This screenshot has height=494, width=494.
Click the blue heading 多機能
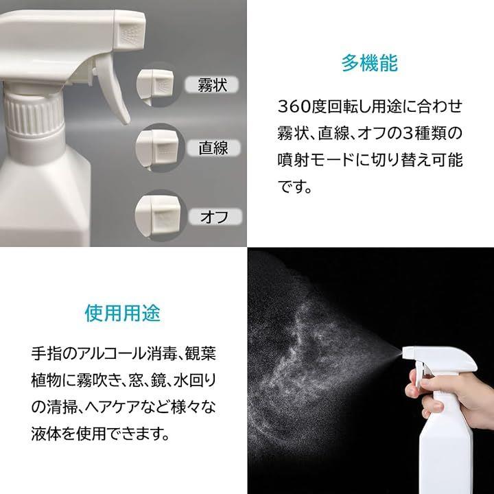coord(370,63)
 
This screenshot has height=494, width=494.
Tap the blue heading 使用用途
coord(123,313)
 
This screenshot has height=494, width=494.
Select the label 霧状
coord(212,85)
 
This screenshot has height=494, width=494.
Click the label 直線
coord(213,148)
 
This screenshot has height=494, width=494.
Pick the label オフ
coord(215,217)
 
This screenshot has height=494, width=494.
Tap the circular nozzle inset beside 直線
coord(160,148)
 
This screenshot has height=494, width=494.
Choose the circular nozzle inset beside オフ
coord(161,215)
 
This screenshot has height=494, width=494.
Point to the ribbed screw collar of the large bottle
coord(34,115)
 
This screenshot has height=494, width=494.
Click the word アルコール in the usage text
coord(112,353)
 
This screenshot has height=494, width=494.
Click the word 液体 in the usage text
coord(46,434)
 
